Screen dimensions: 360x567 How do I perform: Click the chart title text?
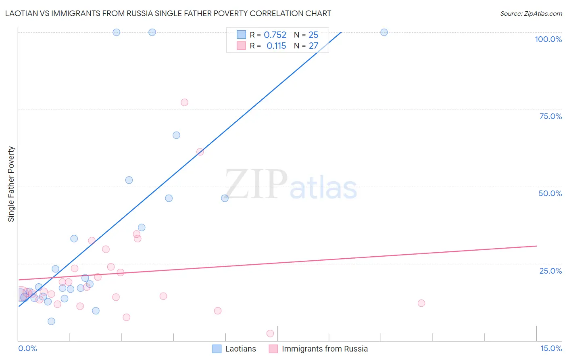[x=168, y=13]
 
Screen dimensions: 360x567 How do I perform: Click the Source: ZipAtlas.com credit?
[x=531, y=13]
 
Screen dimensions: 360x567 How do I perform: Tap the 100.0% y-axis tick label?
[x=548, y=39]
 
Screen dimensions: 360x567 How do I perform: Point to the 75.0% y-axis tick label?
[x=550, y=116]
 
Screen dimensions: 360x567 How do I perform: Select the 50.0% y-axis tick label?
[x=550, y=193]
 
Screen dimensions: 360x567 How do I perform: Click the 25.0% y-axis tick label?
[x=550, y=271]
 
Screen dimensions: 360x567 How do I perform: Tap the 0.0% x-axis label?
[x=27, y=348]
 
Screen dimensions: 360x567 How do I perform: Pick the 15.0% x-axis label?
[x=551, y=348]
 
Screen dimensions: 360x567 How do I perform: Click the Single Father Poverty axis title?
[x=11, y=184]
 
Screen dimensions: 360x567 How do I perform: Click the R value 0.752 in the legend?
[x=275, y=35]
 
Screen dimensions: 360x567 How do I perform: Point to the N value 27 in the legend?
[x=313, y=46]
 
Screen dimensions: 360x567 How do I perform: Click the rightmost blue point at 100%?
[x=384, y=32]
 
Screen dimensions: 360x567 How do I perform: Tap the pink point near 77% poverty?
[x=184, y=102]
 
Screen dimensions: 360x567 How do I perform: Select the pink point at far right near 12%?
[x=421, y=303]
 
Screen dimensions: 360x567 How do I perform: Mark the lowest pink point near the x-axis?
[x=270, y=333]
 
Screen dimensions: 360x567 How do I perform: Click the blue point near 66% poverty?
[x=176, y=135]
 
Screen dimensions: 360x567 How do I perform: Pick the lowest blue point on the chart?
[x=51, y=321]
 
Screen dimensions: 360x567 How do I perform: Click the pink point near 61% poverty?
[x=200, y=152]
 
